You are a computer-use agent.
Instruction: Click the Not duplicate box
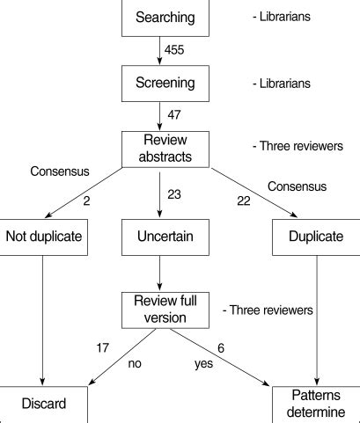(42, 236)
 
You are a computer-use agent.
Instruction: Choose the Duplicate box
(316, 236)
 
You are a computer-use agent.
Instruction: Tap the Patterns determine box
(316, 404)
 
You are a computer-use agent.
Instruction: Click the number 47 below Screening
(175, 114)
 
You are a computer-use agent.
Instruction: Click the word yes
(202, 363)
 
